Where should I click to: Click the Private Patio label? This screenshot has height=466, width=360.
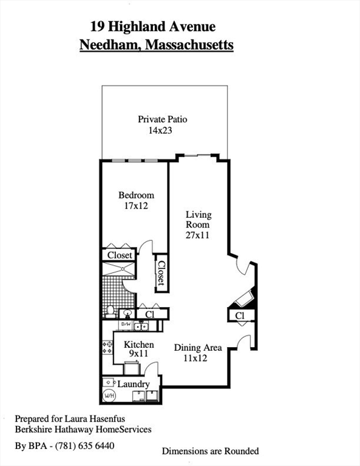162,119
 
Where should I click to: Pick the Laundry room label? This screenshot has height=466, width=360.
133,384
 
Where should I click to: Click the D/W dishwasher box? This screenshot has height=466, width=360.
126,325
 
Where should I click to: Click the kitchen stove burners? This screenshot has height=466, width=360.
107,348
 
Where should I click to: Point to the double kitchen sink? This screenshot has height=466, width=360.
141,326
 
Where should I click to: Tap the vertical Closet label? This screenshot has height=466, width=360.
161,273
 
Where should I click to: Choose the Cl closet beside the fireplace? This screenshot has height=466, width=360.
239,316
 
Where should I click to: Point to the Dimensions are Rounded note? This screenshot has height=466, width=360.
210,451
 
